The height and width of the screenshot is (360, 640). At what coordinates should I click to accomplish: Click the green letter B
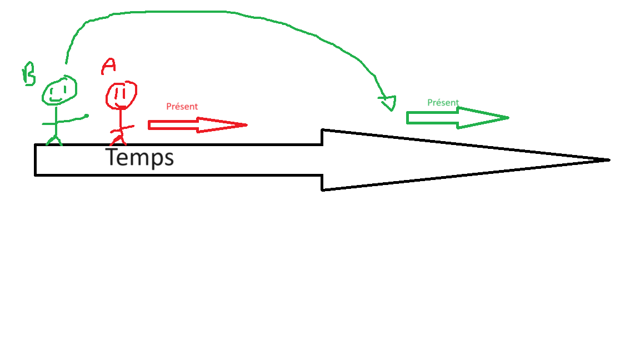[x=28, y=74]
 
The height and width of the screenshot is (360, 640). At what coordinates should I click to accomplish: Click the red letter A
[x=108, y=67]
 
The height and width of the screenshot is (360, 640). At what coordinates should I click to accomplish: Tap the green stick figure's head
[x=59, y=90]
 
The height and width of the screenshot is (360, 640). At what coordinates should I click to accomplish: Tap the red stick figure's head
[x=121, y=96]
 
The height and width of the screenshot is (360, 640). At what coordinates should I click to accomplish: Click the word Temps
[x=139, y=158]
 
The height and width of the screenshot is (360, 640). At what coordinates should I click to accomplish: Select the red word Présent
[x=182, y=107]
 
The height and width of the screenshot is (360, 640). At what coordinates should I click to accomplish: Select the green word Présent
[x=443, y=102]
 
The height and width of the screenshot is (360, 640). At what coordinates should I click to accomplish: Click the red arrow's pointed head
[x=222, y=125]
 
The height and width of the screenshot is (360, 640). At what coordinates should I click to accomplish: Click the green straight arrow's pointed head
[x=483, y=118]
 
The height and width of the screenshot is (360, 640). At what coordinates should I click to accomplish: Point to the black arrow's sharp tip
[x=609, y=160]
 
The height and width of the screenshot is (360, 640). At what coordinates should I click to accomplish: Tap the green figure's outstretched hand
[x=86, y=116]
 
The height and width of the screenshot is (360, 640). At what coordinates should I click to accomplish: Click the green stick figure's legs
[x=54, y=139]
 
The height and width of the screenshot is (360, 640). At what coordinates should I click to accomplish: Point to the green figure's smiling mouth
[x=55, y=99]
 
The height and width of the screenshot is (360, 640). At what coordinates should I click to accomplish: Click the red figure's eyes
[x=119, y=93]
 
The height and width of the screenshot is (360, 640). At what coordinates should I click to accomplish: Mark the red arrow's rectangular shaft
[x=173, y=125]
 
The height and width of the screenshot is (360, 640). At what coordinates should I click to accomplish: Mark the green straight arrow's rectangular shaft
[x=432, y=118]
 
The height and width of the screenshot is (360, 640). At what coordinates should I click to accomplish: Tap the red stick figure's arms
[x=122, y=129]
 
